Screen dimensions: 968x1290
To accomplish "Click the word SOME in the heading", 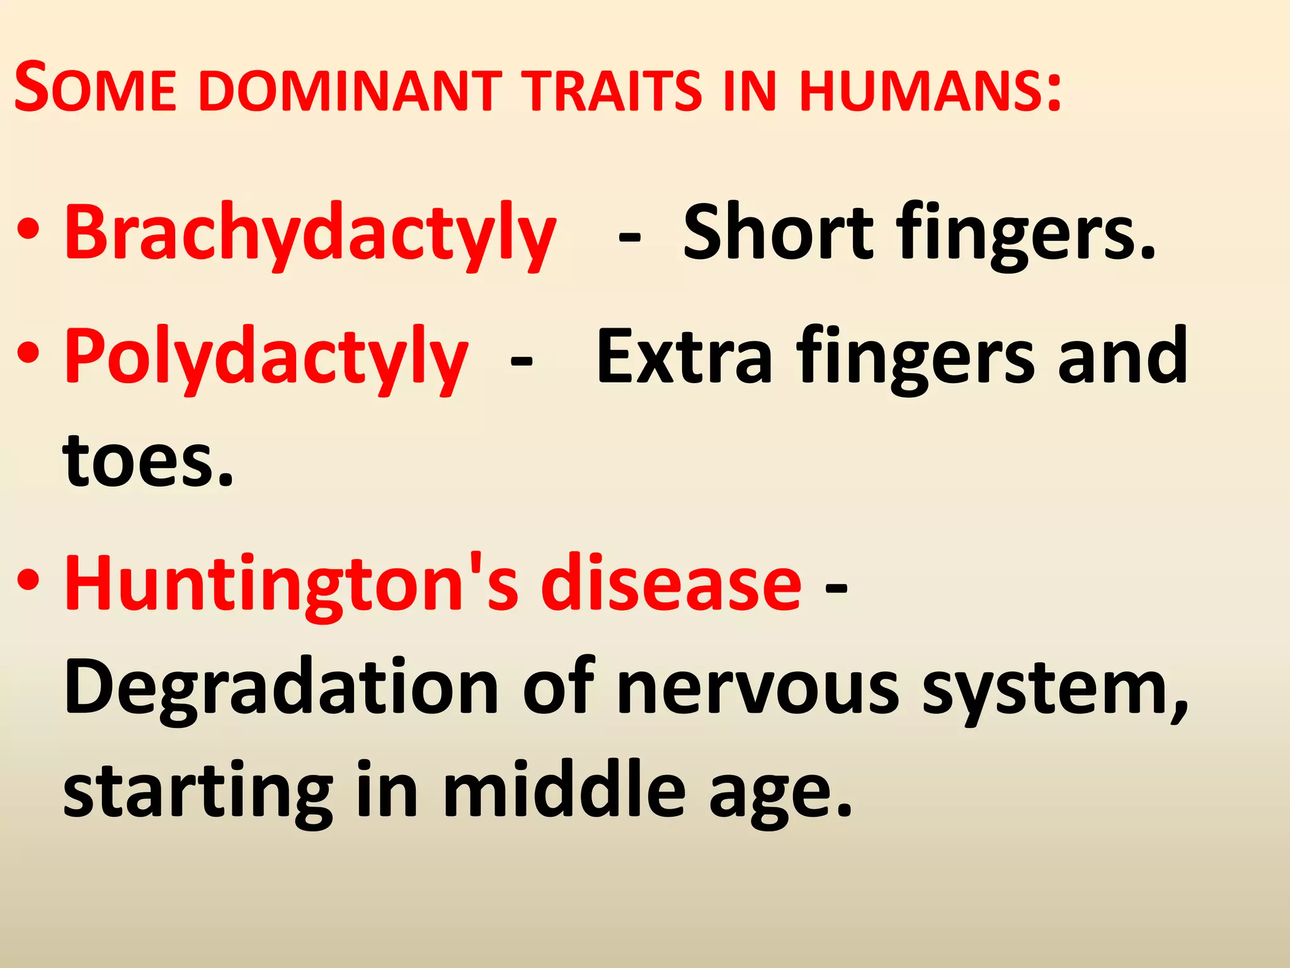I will (x=95, y=88).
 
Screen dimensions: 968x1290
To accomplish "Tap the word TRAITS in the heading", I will (x=615, y=91).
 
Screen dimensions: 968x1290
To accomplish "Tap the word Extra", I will (x=684, y=356).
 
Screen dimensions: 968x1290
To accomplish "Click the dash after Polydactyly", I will (x=521, y=362).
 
